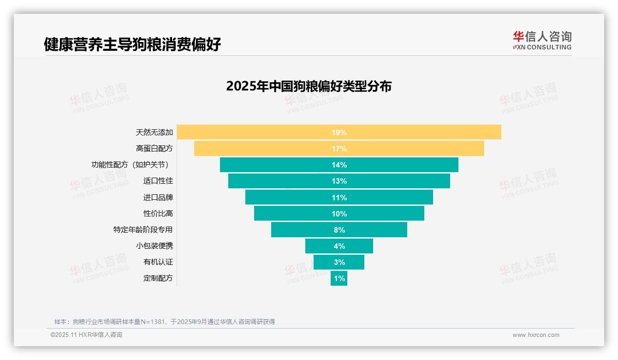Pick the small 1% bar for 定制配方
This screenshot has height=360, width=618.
pos(339,278)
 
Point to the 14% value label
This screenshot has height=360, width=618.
pos(339,165)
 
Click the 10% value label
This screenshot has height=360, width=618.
pos(339,214)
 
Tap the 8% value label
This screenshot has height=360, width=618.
pos(339,230)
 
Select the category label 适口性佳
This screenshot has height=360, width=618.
pos(158,181)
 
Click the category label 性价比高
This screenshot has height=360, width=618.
pos(158,214)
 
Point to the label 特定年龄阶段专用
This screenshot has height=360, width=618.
pos(143,230)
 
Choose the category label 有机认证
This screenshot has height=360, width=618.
pos(158,262)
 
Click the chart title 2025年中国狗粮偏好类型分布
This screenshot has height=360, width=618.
pos(309,86)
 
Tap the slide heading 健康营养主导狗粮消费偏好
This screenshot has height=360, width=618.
pos(132,44)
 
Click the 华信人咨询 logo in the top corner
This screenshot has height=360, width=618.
pos(542,40)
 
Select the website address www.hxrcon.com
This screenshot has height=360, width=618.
pos(536,335)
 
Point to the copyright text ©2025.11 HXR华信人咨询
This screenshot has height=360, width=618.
pos(86,335)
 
